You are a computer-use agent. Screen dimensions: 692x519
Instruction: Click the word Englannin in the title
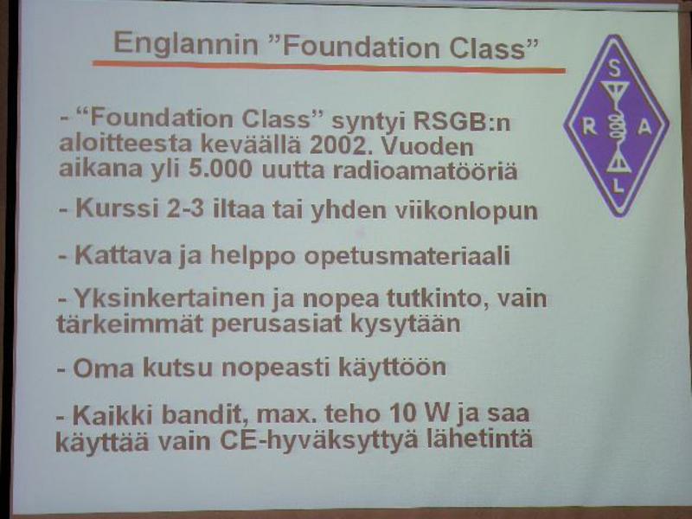186,45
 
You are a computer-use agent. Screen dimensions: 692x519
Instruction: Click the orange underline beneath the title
329,67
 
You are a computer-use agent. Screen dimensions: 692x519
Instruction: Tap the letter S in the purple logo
614,68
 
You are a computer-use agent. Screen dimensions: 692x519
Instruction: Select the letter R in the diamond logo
590,127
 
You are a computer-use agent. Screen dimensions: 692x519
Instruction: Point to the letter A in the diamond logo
644,127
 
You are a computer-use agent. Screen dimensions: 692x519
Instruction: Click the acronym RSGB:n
462,122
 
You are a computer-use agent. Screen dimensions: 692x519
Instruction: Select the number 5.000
221,169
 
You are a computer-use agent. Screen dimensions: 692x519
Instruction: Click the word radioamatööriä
425,170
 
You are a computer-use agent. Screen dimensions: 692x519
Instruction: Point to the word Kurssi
117,208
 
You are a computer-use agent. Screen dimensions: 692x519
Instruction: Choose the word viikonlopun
466,211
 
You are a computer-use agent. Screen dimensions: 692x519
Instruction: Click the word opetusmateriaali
407,256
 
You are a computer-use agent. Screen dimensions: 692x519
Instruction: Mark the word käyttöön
392,368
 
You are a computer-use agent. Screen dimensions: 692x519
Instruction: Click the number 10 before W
404,413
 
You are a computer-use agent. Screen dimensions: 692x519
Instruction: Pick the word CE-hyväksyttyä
318,439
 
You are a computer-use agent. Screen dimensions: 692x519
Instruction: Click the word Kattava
123,255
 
